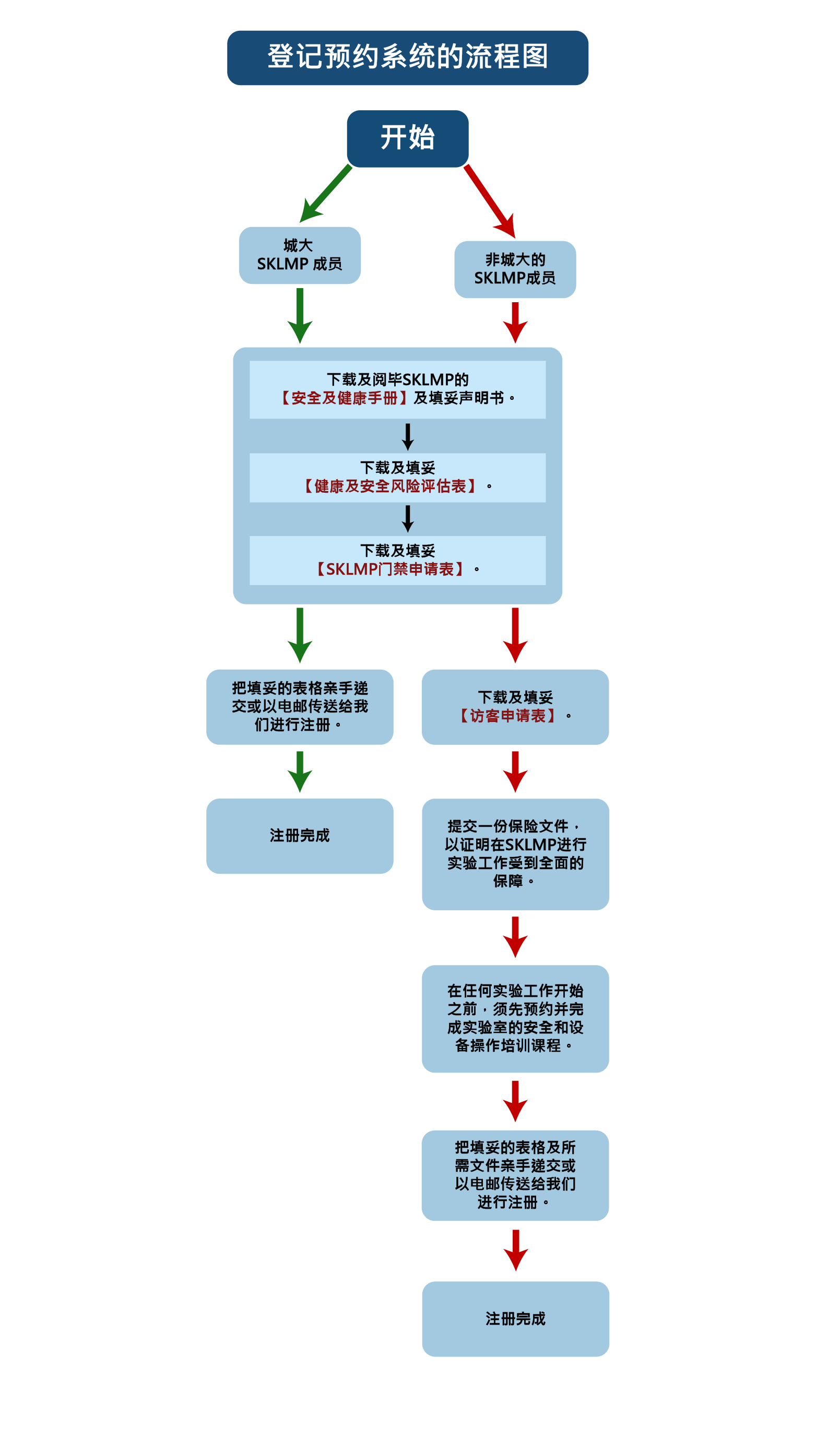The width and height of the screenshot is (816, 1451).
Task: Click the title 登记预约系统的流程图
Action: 407,57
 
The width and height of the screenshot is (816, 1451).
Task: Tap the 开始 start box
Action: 407,138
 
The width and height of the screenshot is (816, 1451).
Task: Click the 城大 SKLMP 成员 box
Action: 299,255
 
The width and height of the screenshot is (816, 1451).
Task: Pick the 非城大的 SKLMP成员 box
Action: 515,269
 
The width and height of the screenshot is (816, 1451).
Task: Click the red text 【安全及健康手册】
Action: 345,398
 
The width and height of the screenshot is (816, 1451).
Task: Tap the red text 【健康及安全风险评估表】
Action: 390,486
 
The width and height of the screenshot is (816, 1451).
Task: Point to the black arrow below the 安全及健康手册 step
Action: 407,436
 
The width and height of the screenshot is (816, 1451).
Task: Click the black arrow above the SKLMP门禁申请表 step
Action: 407,519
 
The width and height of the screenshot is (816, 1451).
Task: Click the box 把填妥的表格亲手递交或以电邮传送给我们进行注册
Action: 299,706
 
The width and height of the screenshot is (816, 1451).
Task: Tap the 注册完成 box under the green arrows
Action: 299,835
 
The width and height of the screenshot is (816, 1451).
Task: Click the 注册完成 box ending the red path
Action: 515,1318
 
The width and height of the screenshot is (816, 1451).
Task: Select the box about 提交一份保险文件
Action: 515,853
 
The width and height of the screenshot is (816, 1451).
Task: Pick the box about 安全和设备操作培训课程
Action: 515,1018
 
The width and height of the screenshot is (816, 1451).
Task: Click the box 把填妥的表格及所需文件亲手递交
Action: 515,1175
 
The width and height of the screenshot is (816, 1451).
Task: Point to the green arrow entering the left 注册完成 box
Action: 300,771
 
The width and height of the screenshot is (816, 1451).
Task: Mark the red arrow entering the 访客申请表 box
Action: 515,635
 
